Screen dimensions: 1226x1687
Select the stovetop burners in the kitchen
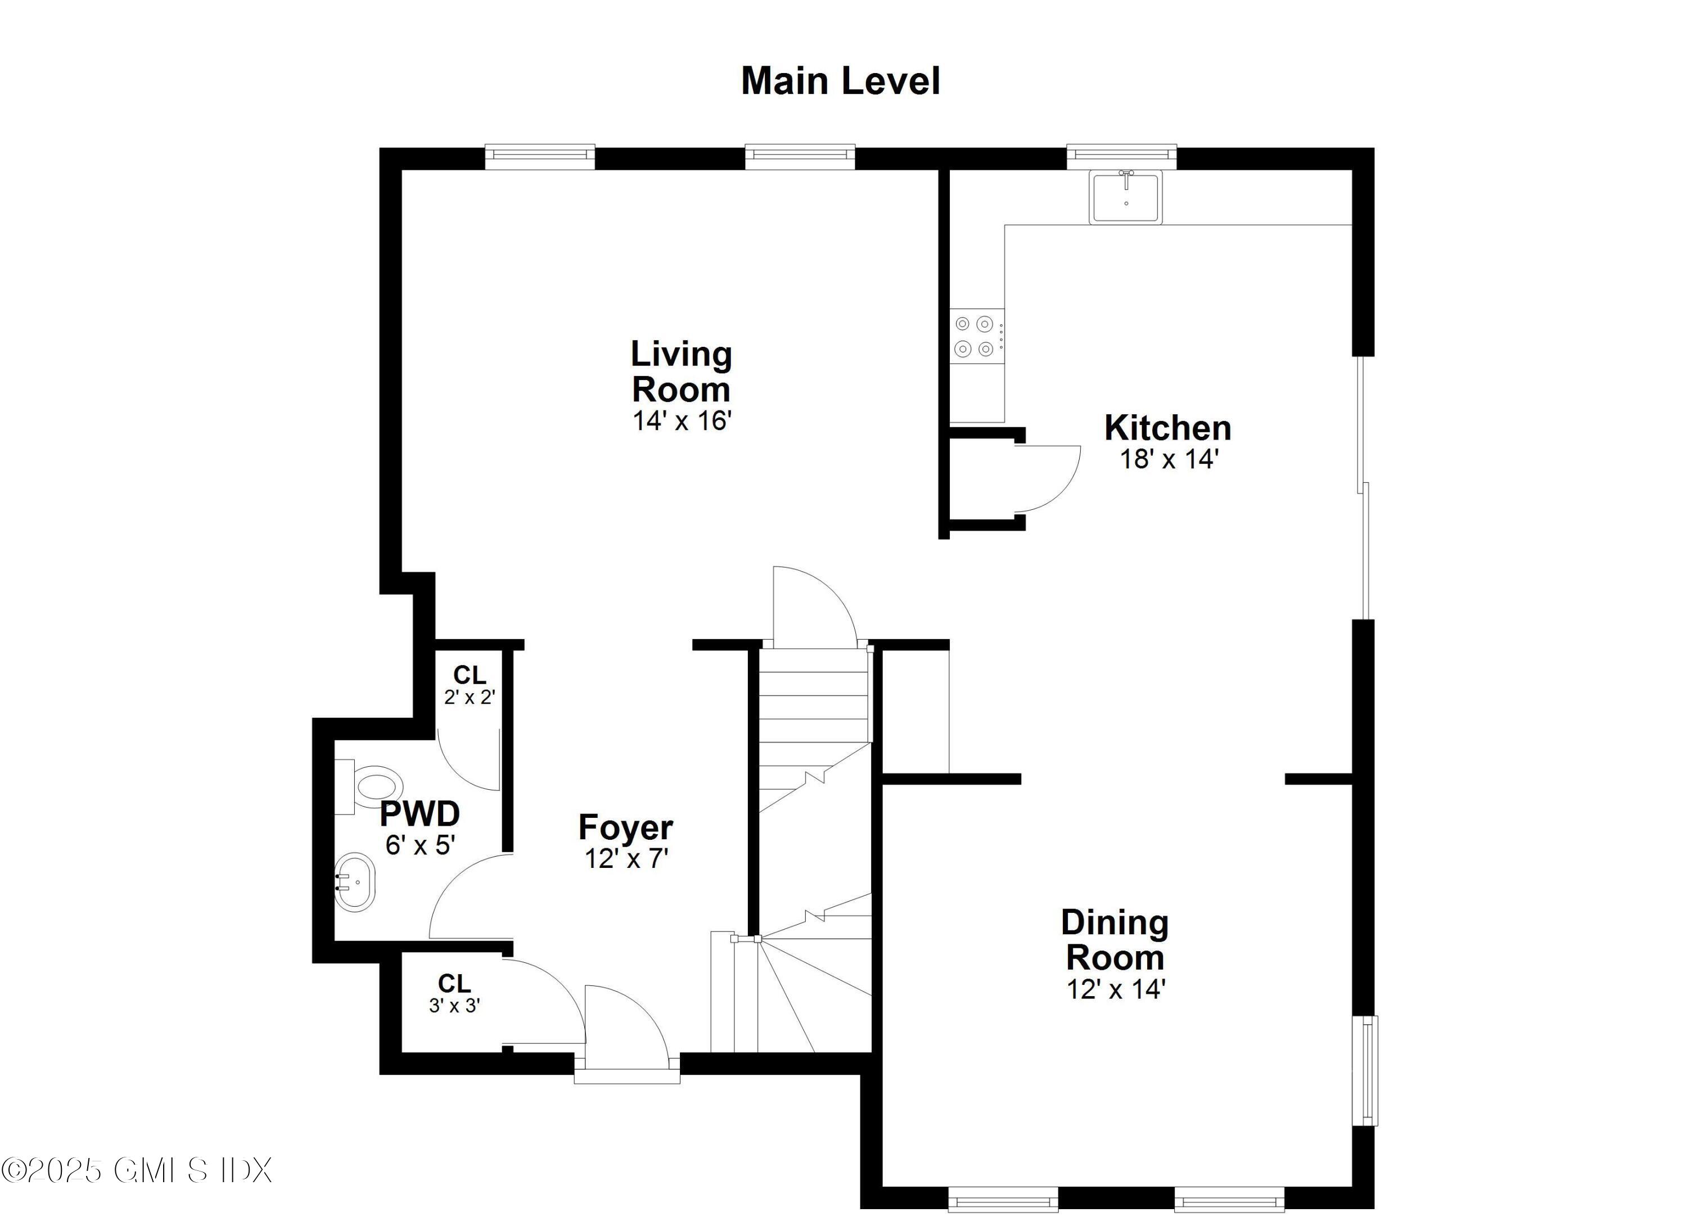click(x=975, y=336)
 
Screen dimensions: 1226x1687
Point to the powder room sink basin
click(x=355, y=883)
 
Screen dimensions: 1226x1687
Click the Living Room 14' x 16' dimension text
click(x=682, y=421)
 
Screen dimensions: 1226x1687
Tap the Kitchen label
click(x=1167, y=428)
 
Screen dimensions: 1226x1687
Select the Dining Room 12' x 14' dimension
click(x=1115, y=989)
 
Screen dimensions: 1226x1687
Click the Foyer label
click(x=625, y=827)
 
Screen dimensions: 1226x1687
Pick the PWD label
click(x=420, y=813)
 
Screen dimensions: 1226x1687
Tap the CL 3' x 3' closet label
click(x=454, y=993)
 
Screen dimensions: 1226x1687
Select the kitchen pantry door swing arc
click(x=1049, y=478)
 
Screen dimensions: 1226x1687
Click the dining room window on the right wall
click(x=1368, y=1071)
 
